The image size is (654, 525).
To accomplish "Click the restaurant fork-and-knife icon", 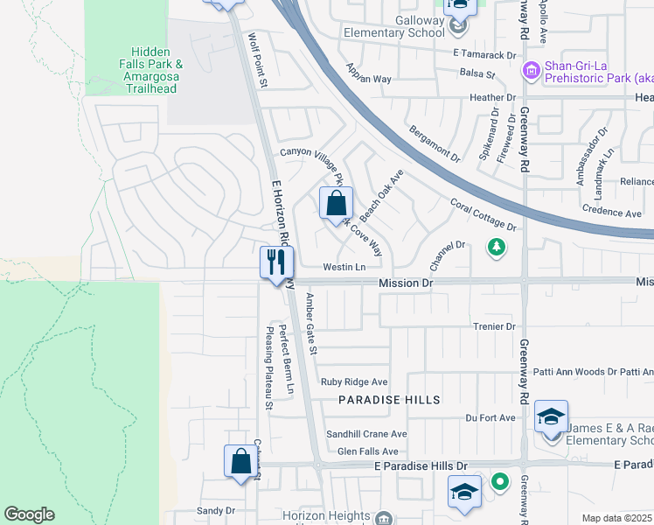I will point(276,262).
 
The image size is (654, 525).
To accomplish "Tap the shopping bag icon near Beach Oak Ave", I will point(336,205).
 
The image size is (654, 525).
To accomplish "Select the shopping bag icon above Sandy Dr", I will point(240,460).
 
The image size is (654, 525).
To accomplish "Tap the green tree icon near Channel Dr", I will point(497,248).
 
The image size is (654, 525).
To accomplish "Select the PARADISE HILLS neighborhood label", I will point(390,399).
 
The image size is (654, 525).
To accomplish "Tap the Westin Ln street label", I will point(344,267).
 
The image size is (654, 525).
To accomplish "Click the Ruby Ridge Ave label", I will point(354,381).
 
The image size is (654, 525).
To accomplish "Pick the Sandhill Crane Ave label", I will point(366,434).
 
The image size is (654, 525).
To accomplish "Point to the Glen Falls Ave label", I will point(368,451).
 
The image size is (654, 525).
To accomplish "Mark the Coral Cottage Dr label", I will point(484,214).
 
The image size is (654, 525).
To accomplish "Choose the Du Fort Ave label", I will point(491,418).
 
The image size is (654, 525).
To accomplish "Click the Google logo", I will point(29,514).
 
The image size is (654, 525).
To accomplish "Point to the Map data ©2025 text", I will point(616,518).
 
